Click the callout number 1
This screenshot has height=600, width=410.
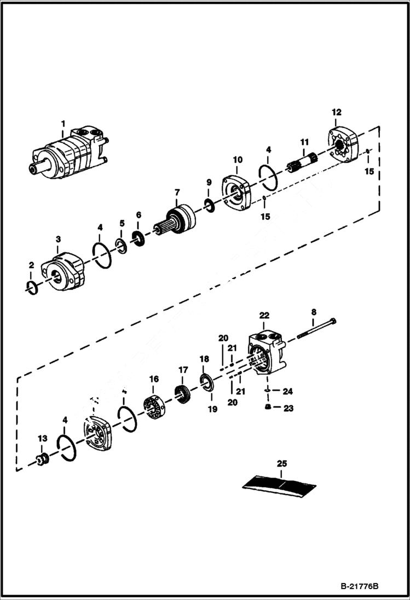click(x=62, y=123)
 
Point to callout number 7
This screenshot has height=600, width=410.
click(x=177, y=193)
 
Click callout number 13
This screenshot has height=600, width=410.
click(x=42, y=439)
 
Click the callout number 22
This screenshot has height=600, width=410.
click(x=264, y=316)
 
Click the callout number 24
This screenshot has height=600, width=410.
click(x=288, y=391)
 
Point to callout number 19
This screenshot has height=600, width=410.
click(x=212, y=409)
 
